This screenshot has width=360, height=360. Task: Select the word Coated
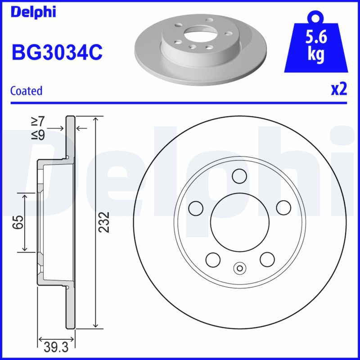pyautogui.click(x=26, y=91)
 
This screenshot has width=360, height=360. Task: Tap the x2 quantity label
pyautogui.click(x=339, y=90)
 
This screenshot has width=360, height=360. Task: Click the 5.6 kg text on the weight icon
pyautogui.click(x=316, y=45)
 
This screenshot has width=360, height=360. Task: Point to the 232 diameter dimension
pyautogui.click(x=104, y=221)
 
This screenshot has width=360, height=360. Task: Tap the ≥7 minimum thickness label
pyautogui.click(x=38, y=121)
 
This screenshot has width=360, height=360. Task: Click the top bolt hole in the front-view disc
pyautogui.click(x=239, y=175)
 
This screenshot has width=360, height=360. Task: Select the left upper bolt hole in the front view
pyautogui.click(x=195, y=207)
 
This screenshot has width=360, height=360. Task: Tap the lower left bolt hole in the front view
pyautogui.click(x=212, y=259)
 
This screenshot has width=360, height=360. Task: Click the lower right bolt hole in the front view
pyautogui.click(x=267, y=259)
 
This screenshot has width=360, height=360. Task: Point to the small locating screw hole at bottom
pyautogui.click(x=239, y=269)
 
